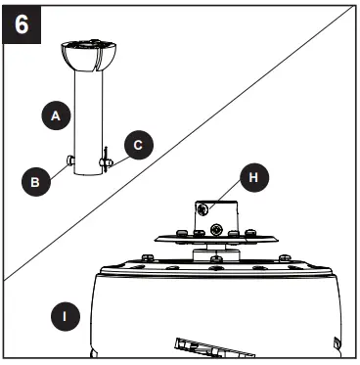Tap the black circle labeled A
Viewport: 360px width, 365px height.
(x=57, y=114)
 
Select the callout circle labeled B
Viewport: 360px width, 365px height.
(x=35, y=179)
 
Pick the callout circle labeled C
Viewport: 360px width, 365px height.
(x=138, y=145)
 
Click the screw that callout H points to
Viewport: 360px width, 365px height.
(x=202, y=208)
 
